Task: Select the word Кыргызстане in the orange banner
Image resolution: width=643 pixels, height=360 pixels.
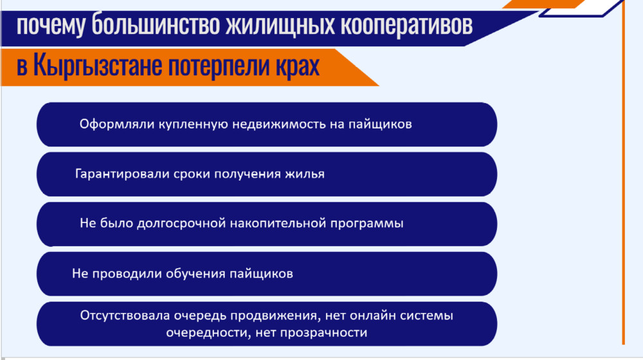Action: click(98, 65)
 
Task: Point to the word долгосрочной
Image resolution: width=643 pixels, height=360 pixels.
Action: click(181, 224)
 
